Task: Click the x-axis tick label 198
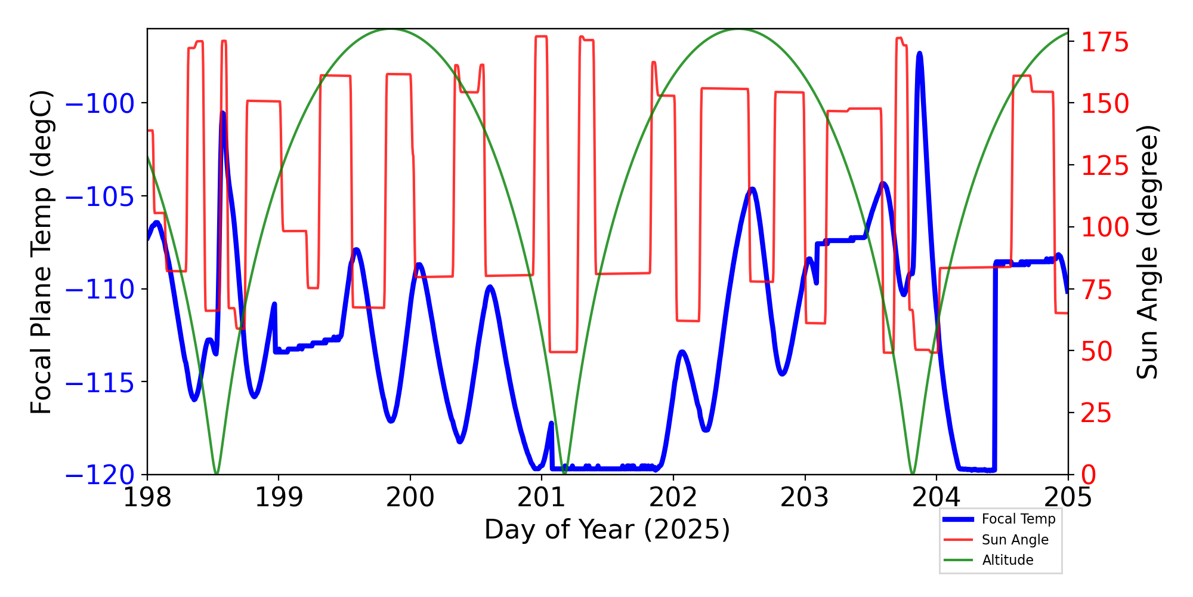coord(147,497)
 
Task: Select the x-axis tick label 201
coord(542,497)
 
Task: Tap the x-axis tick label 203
coord(805,497)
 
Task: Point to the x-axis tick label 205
coord(1068,497)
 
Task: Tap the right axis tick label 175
coord(1105,43)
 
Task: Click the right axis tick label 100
coord(1105,227)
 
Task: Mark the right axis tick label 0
coord(1089,475)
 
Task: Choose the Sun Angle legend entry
coord(1015,540)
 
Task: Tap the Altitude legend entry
coord(1007,560)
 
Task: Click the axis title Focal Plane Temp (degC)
coord(42,252)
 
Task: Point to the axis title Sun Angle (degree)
coord(1146,252)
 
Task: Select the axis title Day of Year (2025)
coord(607,530)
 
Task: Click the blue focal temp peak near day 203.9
coord(919,54)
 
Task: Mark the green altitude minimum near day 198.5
coord(216,473)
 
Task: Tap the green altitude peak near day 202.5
coord(739,29)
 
